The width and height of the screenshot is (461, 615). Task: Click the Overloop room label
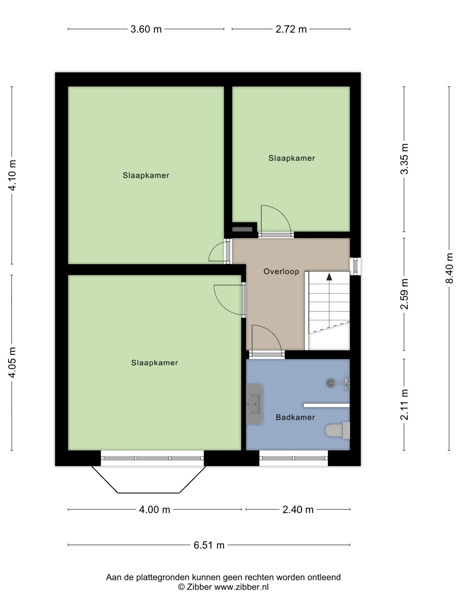click(x=281, y=271)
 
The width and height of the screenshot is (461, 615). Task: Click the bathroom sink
click(x=254, y=404)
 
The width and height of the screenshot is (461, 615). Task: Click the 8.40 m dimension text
click(x=449, y=268)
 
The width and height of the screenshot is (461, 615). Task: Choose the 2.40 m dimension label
click(x=298, y=510)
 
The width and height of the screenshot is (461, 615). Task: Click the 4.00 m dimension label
click(x=154, y=510)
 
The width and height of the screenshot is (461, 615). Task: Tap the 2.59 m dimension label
click(x=404, y=294)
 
